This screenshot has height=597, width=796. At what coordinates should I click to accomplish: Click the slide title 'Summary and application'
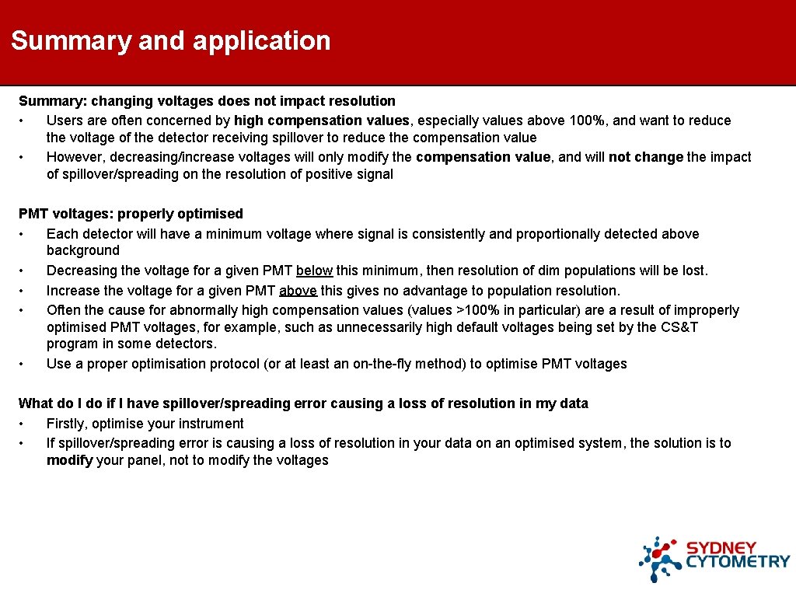pos(171,40)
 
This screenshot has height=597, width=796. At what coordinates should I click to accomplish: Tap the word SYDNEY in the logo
pos(721,546)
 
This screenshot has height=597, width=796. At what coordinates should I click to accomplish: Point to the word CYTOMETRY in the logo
pos(738,562)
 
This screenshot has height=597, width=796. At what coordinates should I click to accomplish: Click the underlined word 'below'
pos(315,271)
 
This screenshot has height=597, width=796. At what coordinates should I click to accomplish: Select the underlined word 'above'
pos(298,291)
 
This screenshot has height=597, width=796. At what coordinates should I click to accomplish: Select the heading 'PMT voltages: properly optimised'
pos(131,214)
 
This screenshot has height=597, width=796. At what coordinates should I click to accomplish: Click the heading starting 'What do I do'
pos(303,403)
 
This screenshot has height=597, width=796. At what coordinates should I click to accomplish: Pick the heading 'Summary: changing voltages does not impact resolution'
pos(207,101)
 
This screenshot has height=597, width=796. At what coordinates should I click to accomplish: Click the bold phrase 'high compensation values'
pos(322,120)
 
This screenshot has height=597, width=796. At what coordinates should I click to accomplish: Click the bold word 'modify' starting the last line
pos(70,460)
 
